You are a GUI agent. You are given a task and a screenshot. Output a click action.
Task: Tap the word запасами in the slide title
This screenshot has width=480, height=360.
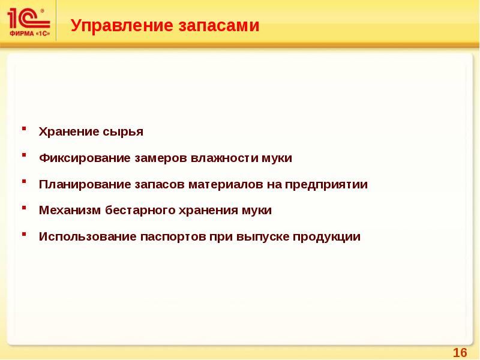(x=218, y=26)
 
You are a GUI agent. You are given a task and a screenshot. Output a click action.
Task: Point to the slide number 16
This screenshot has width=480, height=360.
(x=460, y=352)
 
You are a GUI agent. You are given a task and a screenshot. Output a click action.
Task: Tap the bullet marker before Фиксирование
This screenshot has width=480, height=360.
(x=24, y=155)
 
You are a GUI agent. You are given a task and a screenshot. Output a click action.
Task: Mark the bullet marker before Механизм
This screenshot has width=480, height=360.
(x=24, y=207)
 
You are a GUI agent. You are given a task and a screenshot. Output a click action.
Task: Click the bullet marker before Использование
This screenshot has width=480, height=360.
(x=24, y=233)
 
